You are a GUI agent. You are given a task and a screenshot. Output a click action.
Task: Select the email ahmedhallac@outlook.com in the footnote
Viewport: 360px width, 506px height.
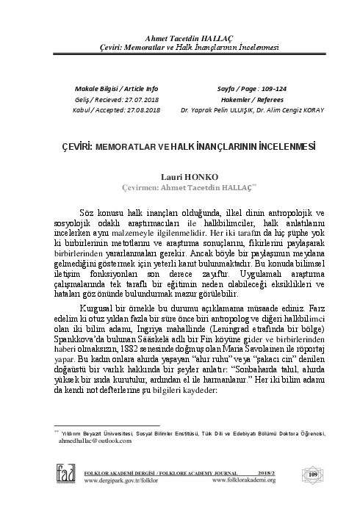tap(92, 441)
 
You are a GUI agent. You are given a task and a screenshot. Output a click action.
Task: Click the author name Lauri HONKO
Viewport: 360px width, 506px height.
tap(181, 177)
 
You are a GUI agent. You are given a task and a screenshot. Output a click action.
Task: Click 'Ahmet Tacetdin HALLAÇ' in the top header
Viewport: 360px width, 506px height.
tap(180, 37)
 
